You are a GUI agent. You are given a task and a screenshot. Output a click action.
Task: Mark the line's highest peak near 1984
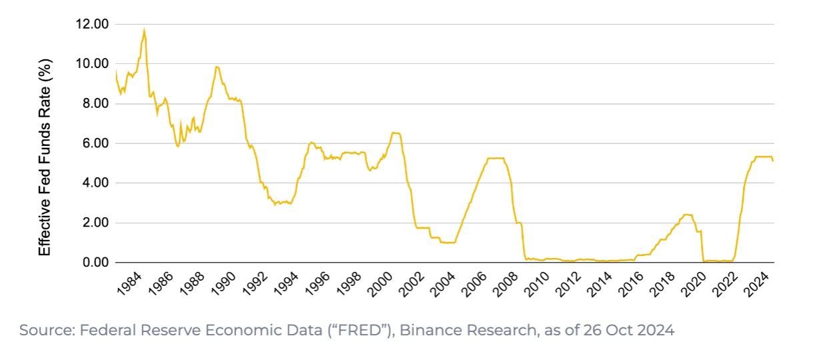(144, 29)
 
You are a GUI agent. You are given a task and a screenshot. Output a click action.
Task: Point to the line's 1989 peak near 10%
(217, 66)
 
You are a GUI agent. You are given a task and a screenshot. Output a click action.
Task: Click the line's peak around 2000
(395, 133)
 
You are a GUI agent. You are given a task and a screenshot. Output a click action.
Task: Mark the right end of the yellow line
(773, 161)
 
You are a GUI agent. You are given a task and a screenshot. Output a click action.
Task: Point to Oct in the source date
(609, 330)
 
